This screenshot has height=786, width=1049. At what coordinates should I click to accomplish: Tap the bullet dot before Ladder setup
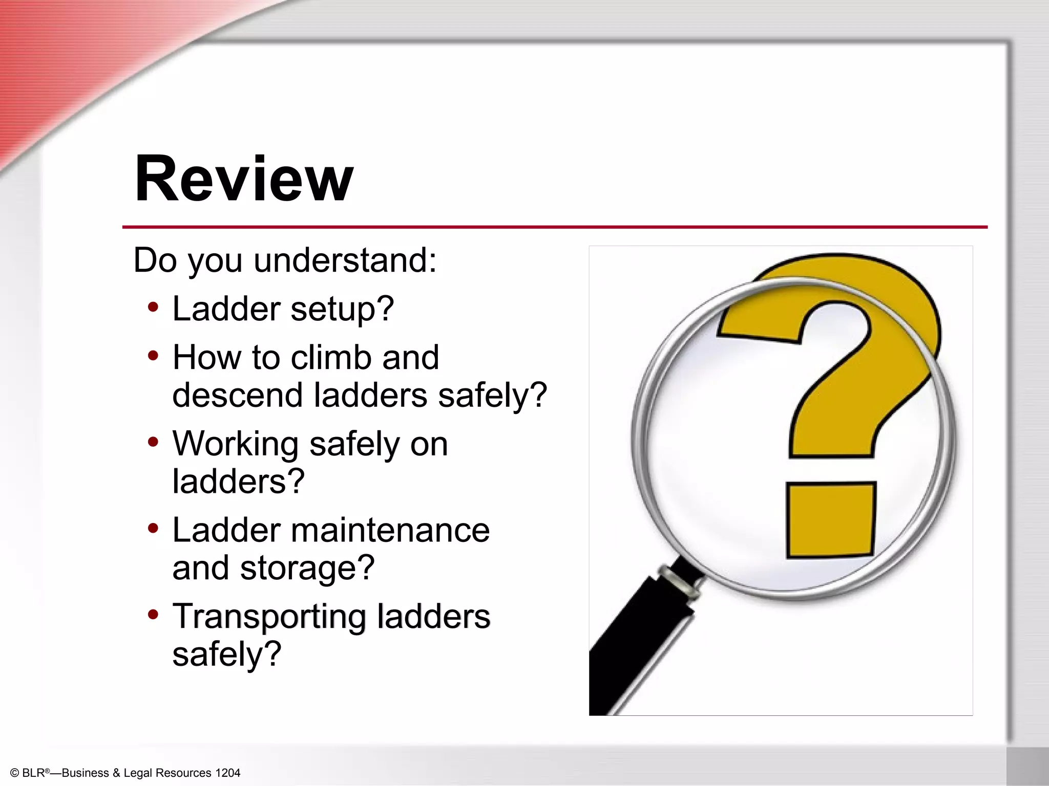153,307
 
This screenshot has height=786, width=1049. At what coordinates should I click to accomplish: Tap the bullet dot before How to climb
153,355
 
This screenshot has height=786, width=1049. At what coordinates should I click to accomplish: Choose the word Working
236,444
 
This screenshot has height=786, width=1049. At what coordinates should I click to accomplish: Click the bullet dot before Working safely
153,442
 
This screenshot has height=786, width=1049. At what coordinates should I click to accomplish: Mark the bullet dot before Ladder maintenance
153,528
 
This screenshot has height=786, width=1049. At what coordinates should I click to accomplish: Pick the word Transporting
269,617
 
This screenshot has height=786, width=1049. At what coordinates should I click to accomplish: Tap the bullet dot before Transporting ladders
153,614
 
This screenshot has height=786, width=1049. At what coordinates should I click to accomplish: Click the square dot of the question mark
830,519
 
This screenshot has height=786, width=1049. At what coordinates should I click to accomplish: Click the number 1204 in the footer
227,773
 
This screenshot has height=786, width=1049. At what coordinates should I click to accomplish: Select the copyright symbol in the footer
14,773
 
